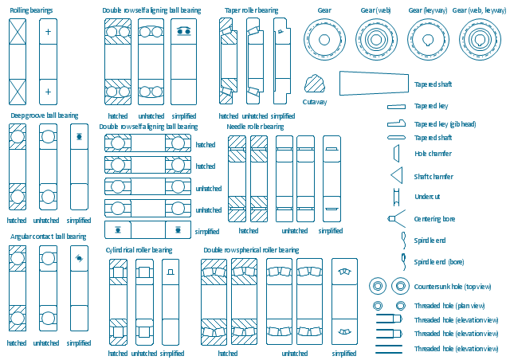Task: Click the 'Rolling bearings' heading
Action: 31,10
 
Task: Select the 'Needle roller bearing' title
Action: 255,127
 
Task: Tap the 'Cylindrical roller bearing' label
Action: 139,250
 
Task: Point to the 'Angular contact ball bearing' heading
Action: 48,237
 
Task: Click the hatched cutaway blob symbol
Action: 314,84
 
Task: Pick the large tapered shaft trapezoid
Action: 374,84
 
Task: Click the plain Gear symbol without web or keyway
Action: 324,39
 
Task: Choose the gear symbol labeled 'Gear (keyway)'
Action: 428,39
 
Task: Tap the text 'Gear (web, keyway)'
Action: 479,10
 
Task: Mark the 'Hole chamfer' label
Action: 433,154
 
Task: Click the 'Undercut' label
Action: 427,197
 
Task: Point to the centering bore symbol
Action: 395,218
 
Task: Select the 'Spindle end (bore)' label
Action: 439,262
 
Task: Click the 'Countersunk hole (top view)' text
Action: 453,287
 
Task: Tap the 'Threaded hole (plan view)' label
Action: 449,306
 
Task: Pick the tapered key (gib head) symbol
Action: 397,123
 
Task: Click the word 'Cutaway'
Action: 315,102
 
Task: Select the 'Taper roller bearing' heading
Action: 252,10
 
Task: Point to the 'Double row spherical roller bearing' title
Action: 251,250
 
